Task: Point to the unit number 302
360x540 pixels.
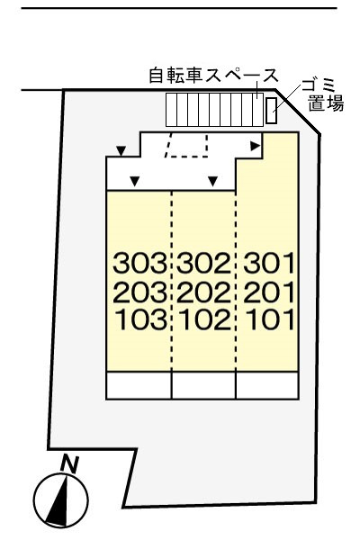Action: point(203,265)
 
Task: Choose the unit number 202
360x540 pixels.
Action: point(203,292)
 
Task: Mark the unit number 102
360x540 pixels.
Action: point(203,319)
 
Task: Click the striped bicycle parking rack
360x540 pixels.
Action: point(212,111)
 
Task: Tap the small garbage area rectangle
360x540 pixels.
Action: point(271,112)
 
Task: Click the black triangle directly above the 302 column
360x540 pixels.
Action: point(212,182)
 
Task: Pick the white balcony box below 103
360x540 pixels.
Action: point(139,384)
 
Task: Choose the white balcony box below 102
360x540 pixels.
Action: point(203,384)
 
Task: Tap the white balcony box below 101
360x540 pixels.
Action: point(266,384)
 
